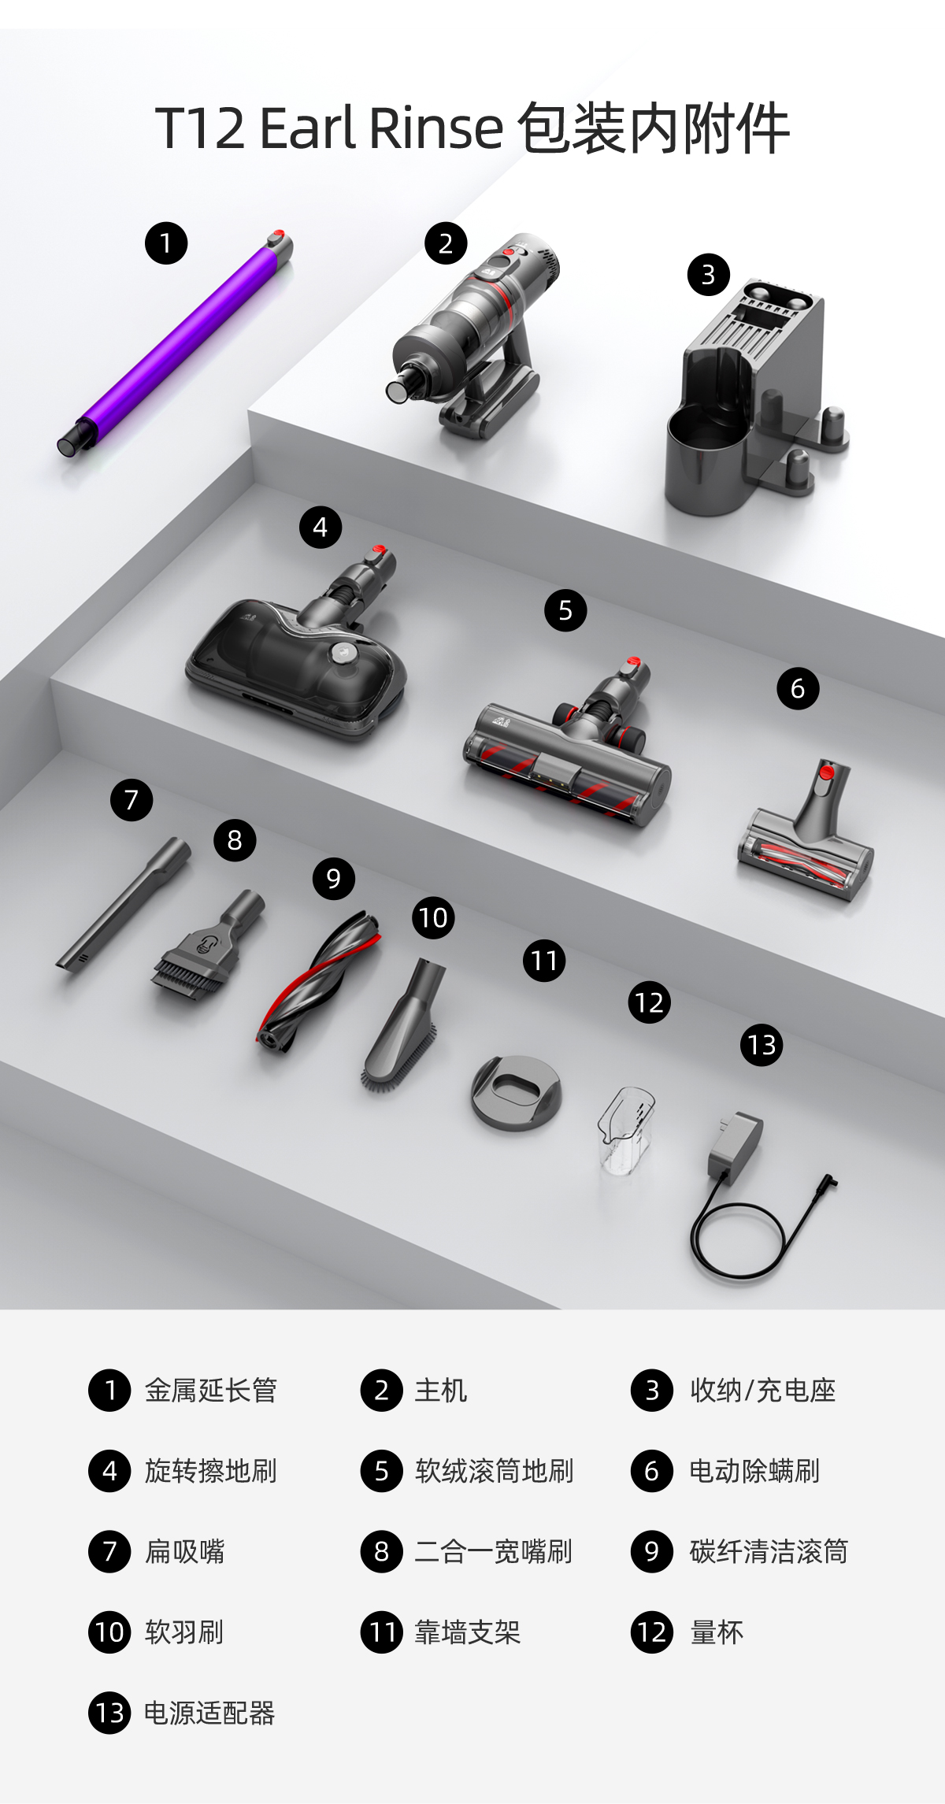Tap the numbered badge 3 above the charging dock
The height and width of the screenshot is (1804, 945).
pos(708,275)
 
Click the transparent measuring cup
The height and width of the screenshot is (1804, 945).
pos(626,1131)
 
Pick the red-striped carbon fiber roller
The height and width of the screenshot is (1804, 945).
pos(319,980)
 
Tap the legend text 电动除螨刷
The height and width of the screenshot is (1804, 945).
pos(754,1471)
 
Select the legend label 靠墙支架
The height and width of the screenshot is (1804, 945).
pos(468,1632)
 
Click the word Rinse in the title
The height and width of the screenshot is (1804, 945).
pos(435,128)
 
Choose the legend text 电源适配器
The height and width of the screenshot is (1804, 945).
pos(209,1713)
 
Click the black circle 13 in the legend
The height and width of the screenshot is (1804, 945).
pos(109,1713)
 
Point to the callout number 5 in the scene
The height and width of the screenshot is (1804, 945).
pos(565,610)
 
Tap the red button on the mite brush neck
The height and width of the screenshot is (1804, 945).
pos(825,771)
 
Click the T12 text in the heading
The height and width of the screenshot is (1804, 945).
pos(200,128)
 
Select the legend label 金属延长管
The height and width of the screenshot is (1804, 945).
pos(211,1391)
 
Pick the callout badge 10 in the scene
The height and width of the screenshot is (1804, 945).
pos(433,917)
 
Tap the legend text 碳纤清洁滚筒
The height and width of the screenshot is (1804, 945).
pos(769,1552)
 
